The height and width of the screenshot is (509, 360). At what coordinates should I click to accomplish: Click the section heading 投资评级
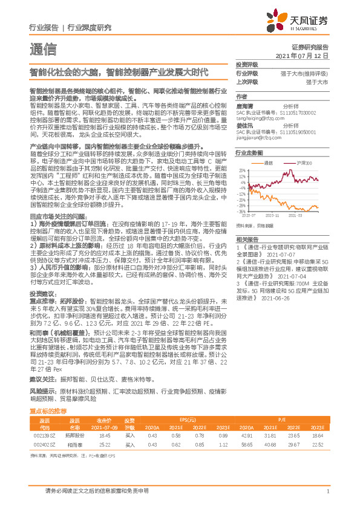(247, 64)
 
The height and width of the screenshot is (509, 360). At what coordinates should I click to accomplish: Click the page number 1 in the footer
(327, 491)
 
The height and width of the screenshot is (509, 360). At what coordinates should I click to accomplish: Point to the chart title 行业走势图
(249, 154)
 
